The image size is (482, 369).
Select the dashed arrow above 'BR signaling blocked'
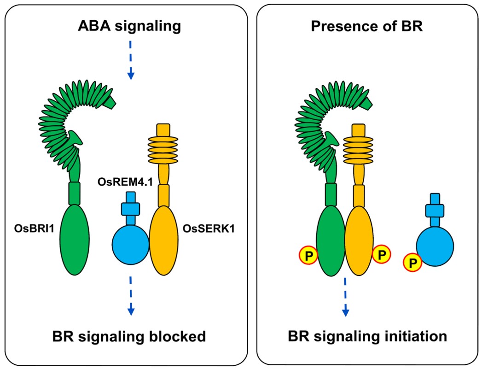point(131,295)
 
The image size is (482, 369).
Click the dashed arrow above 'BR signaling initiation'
point(345,297)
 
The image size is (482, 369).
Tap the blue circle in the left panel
point(130,243)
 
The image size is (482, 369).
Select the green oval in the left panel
point(75,240)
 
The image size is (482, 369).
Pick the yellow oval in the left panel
point(163,240)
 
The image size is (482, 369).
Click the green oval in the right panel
point(331,240)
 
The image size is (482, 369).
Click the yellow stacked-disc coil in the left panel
point(163,152)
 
